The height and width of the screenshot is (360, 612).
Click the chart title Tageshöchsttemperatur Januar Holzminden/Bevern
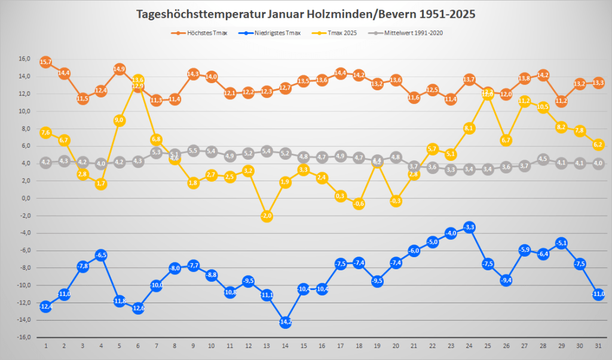(306, 14)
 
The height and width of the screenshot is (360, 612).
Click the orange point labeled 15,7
(45, 62)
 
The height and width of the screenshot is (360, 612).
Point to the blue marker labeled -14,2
(285, 322)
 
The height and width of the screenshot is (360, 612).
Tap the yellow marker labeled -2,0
(267, 216)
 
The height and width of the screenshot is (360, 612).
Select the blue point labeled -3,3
(469, 227)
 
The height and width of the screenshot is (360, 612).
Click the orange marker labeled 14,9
(119, 69)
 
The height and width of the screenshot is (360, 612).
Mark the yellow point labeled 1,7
(101, 184)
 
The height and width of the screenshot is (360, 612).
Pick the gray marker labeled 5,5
(193, 151)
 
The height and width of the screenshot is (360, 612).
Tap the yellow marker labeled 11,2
(525, 101)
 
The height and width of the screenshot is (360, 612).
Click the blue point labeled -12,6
(137, 308)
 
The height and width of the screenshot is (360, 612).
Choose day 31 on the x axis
(598, 346)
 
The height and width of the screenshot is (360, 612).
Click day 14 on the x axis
(285, 346)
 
